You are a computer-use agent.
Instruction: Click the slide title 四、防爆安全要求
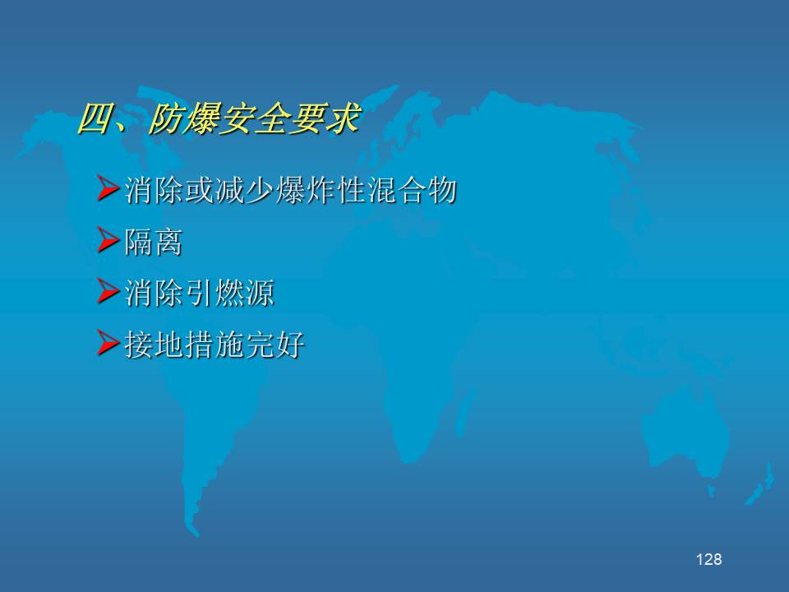(219, 119)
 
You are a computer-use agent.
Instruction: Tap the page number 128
(708, 559)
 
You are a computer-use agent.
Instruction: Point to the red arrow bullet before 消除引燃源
(108, 291)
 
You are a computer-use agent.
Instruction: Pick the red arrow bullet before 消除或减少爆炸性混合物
(108, 188)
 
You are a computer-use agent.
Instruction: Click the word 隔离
(153, 242)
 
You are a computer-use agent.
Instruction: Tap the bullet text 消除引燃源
(199, 293)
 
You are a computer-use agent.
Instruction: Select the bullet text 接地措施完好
(215, 345)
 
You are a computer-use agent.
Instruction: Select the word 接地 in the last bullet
(154, 345)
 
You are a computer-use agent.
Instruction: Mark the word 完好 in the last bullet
(275, 345)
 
